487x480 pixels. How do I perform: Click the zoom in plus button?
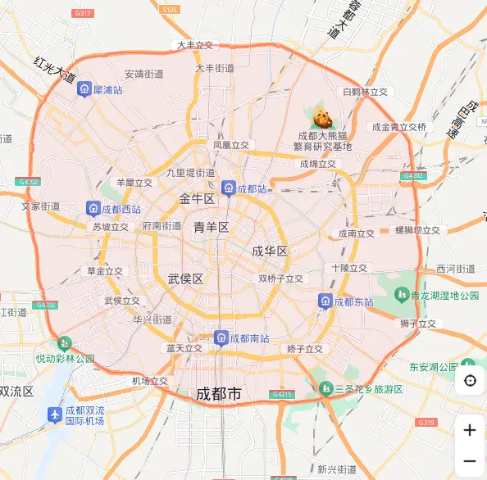(470, 430)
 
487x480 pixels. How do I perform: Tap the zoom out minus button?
(470, 461)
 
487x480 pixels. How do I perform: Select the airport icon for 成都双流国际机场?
(54, 414)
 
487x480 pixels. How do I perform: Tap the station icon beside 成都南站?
(220, 337)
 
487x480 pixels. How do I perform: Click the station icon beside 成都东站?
(325, 301)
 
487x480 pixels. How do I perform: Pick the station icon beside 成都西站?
(93, 209)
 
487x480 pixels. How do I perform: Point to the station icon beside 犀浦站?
(84, 89)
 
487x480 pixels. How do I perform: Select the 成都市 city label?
(219, 395)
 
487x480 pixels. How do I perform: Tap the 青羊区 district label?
(211, 227)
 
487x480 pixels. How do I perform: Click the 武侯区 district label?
(185, 278)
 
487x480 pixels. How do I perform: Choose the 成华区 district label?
(270, 251)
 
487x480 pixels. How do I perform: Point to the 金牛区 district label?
(197, 199)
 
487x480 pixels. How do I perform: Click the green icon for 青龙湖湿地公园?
(402, 295)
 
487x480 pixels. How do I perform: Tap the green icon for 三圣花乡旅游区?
(326, 388)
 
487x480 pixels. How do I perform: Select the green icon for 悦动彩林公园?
(63, 345)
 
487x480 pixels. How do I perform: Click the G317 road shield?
(82, 14)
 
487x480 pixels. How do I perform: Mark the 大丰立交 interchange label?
(195, 45)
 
